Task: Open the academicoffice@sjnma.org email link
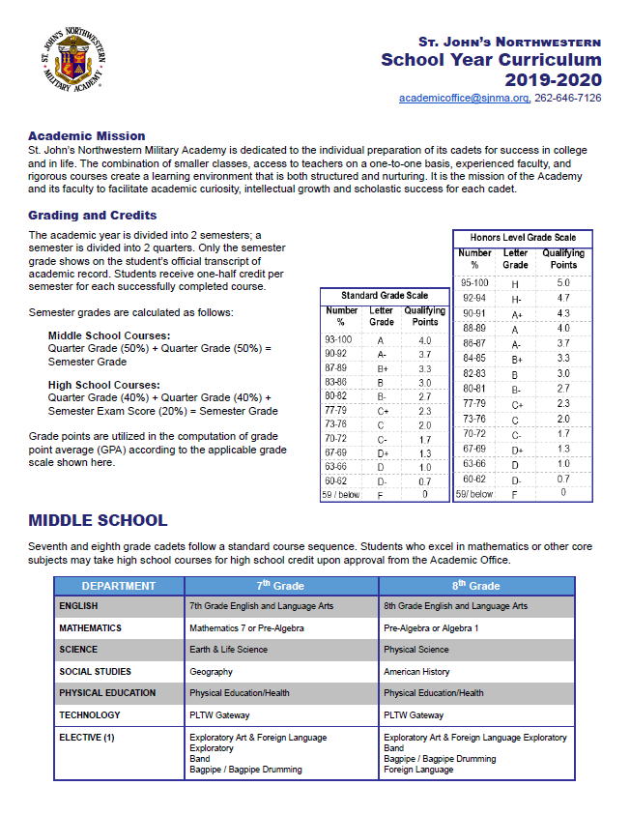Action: click(x=465, y=98)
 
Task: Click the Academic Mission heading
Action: click(x=87, y=136)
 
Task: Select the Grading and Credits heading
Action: click(x=93, y=216)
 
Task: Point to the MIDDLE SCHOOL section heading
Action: click(x=98, y=521)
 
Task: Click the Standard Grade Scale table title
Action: click(x=384, y=295)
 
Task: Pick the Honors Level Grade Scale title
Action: click(x=523, y=237)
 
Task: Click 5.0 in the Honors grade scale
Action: click(x=563, y=282)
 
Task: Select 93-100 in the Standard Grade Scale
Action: click(x=339, y=340)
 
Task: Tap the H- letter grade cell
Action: click(x=515, y=299)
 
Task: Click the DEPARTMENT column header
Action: click(x=119, y=586)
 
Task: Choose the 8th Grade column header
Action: click(x=477, y=586)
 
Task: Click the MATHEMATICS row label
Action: click(x=90, y=627)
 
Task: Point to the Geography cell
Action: click(x=211, y=671)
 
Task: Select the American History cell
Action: click(x=417, y=671)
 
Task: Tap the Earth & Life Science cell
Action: click(x=229, y=650)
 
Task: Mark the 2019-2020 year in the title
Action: click(x=553, y=79)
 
